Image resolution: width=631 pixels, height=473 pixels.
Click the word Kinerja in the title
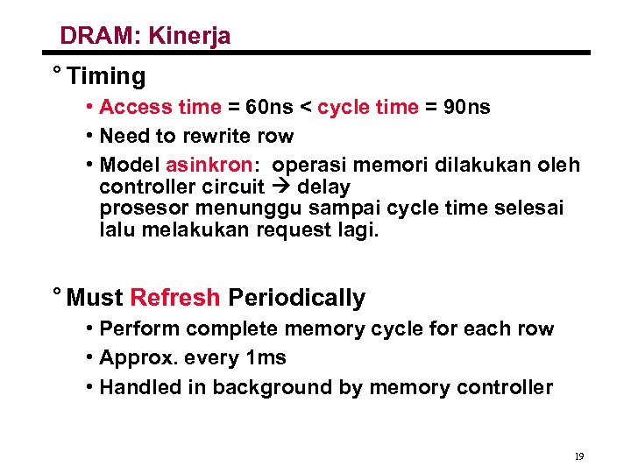pos(189,37)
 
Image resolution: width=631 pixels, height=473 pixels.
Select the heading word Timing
pos(106,77)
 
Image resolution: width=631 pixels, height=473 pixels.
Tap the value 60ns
pos(270,108)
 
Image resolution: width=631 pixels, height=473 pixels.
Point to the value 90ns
pos(467,108)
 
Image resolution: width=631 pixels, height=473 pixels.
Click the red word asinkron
pos(209,166)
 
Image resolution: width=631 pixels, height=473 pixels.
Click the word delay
pos(324,187)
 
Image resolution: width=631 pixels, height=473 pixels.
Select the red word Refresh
pos(175,298)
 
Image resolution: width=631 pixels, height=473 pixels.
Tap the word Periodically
pos(296,298)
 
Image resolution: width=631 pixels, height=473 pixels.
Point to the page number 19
pos(578,456)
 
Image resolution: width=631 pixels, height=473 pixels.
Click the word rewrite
pos(214,137)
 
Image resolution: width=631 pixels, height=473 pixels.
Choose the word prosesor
pos(144,208)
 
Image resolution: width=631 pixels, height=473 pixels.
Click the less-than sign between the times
pos(306,108)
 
